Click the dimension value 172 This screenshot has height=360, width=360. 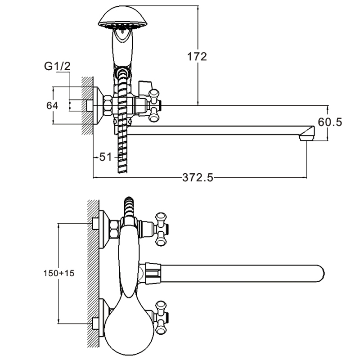[197, 57]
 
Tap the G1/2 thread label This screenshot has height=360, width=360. [57, 67]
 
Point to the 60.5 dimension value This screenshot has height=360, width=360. [330, 122]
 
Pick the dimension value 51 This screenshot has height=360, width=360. [105, 157]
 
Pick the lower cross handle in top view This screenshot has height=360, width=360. [161, 318]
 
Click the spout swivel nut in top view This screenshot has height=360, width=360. [150, 273]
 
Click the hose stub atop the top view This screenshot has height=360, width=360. [129, 205]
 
